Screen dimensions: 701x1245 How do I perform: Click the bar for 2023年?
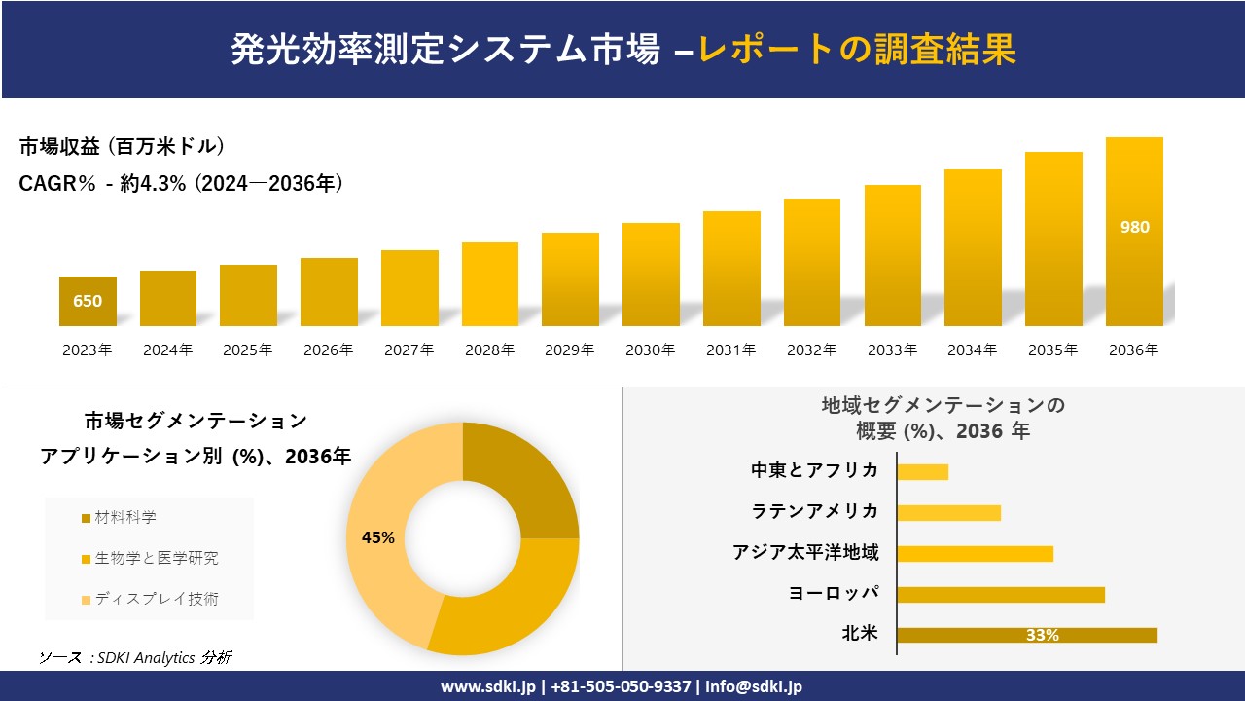(88, 301)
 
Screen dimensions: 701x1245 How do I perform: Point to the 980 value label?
(1134, 228)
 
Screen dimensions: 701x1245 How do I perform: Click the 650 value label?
(88, 301)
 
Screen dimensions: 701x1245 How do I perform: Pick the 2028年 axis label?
(489, 350)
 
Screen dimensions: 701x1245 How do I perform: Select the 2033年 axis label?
(892, 350)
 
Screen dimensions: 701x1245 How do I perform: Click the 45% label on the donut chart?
(377, 537)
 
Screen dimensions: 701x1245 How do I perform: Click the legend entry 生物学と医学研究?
(156, 558)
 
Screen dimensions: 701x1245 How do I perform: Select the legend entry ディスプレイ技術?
(156, 599)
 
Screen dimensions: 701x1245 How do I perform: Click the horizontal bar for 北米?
(1026, 635)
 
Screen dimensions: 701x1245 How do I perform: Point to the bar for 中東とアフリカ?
(922, 471)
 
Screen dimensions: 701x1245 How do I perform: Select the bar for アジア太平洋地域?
(975, 553)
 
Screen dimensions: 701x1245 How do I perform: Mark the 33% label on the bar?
(1042, 635)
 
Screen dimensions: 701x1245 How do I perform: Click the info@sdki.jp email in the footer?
(754, 686)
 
